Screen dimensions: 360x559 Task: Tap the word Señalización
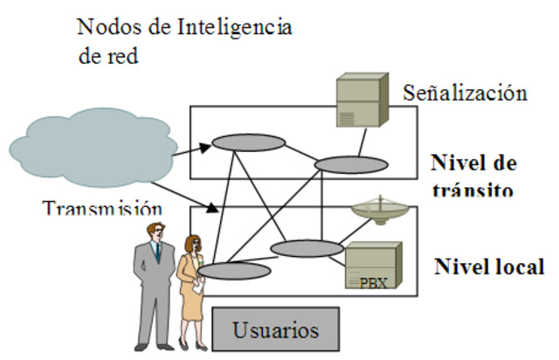coord(465,93)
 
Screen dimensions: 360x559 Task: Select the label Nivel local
coord(489,267)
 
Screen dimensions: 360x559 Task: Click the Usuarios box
coord(275,331)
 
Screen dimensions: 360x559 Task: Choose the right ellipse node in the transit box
coord(351,164)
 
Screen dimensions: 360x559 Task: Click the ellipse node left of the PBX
coord(307,248)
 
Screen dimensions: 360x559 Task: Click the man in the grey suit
coord(155,284)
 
